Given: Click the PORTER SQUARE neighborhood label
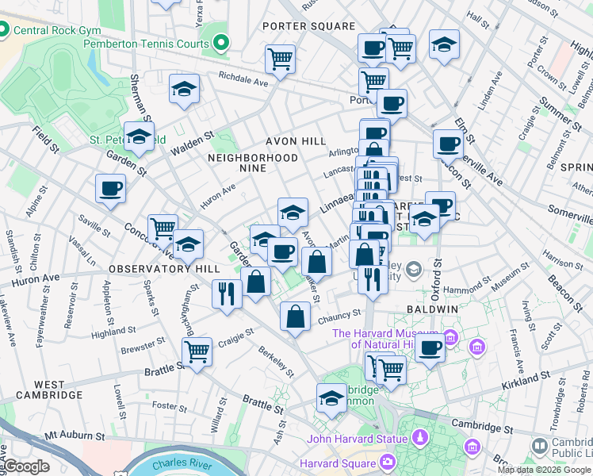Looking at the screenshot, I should pos(309,26).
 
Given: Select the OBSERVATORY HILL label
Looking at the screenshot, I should pos(164,269).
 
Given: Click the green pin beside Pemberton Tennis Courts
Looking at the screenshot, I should pos(220,43).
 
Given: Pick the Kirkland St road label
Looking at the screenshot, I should pos(526,384).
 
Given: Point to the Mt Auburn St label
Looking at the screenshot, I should pos(75,436).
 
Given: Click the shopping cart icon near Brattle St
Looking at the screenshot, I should pos(196,351).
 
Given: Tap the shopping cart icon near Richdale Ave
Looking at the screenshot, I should pos(280,59).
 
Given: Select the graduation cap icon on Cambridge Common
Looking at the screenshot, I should pos(331,398).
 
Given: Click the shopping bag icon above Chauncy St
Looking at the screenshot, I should pos(295,317).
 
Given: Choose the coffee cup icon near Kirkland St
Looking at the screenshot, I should pos(430,347).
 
